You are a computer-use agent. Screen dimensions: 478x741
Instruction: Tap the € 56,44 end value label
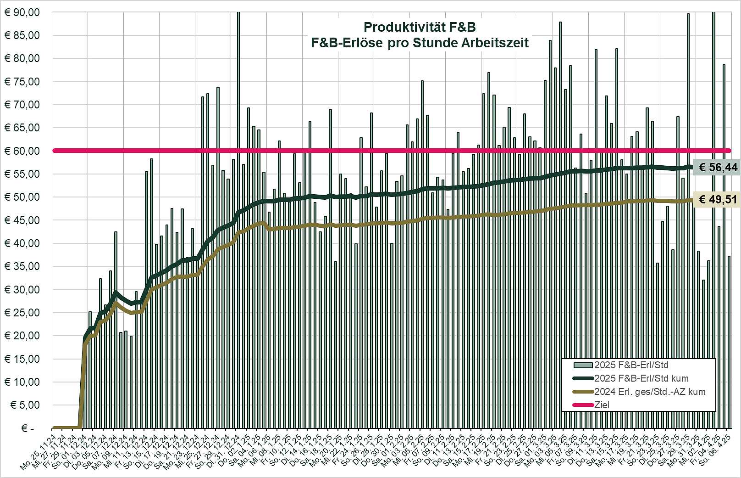tap(718, 168)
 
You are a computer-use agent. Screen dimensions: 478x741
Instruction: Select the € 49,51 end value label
tap(718, 200)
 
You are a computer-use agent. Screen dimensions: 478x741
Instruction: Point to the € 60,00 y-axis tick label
tap(22, 151)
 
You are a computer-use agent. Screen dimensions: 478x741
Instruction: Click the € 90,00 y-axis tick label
tap(22, 12)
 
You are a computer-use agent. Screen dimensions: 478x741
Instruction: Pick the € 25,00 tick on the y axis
tap(22, 313)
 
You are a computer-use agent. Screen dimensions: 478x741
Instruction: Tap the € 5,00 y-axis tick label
tap(25, 405)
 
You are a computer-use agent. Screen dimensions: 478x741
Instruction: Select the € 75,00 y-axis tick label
tap(22, 82)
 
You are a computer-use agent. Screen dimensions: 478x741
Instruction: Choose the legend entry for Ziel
tap(602, 405)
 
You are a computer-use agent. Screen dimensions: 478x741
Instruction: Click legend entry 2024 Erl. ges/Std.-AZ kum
tap(650, 392)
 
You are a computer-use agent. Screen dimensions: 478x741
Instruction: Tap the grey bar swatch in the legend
tap(583, 366)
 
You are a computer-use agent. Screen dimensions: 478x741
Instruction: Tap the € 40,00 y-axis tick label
tap(22, 243)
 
